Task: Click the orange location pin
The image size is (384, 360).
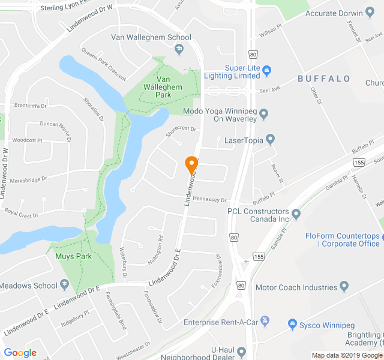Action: tap(191, 165)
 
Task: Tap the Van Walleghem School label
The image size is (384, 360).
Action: tap(151, 37)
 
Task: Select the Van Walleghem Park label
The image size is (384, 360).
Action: tap(169, 87)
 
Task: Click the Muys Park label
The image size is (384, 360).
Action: tap(73, 256)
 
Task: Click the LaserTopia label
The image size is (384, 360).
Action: tap(242, 140)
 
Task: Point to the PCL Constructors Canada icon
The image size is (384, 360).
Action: tap(296, 214)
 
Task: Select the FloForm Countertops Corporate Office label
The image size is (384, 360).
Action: tap(342, 240)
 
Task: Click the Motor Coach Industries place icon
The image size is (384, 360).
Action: tap(344, 287)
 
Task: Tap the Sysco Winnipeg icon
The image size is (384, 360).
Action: tap(292, 324)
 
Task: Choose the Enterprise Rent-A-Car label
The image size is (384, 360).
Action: tap(221, 323)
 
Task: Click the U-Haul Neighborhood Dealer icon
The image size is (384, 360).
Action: tap(241, 352)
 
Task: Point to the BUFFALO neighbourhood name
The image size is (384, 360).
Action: tap(324, 79)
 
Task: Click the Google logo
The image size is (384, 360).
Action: tap(20, 353)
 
